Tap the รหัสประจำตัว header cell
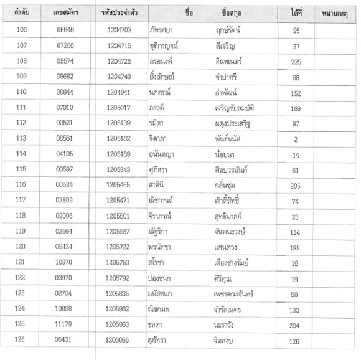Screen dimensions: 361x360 click(x=119, y=13)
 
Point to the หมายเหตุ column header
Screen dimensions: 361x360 click(x=337, y=13)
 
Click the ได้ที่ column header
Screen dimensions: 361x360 click(x=296, y=13)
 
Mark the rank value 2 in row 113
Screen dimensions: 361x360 click(x=296, y=139)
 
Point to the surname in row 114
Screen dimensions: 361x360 click(x=225, y=154)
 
